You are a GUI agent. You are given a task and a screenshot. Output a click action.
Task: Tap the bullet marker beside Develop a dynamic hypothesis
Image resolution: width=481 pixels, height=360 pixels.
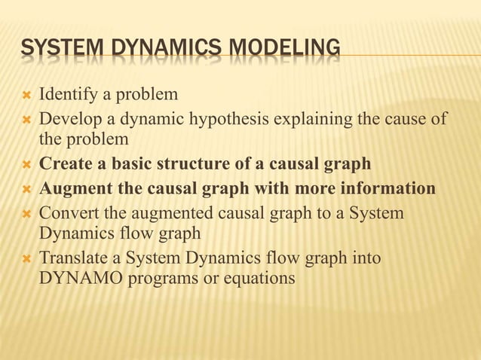[x=23, y=120]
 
